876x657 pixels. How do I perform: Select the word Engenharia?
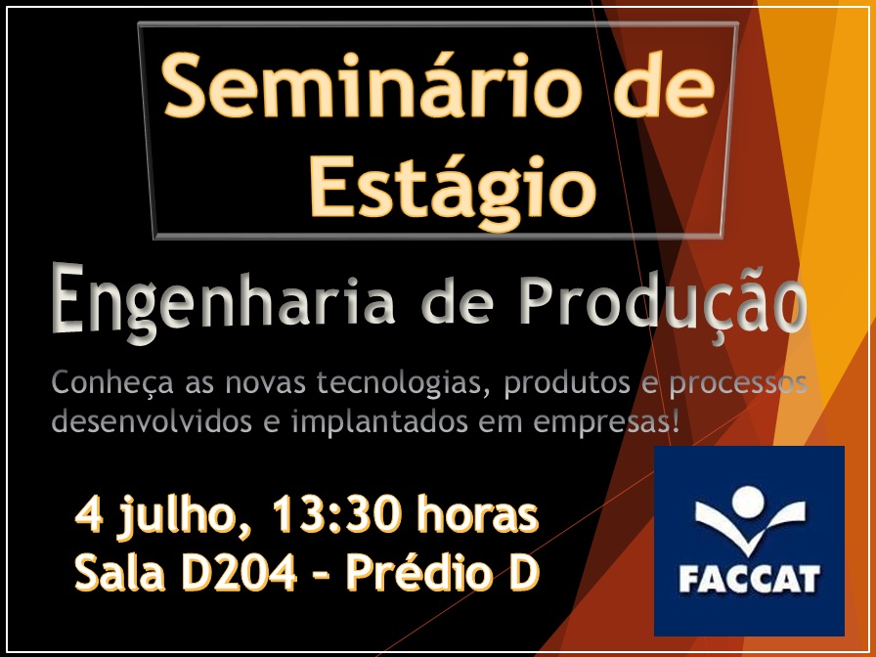pos(224,302)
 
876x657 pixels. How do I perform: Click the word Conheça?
pos(112,383)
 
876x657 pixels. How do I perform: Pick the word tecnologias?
pos(400,384)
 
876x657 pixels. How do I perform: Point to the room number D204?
pos(240,573)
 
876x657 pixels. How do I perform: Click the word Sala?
pos(120,573)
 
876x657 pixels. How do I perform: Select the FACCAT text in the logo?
pos(749,580)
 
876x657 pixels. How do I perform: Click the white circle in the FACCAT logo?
pos(748,502)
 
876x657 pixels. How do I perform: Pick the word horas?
pos(477,514)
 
